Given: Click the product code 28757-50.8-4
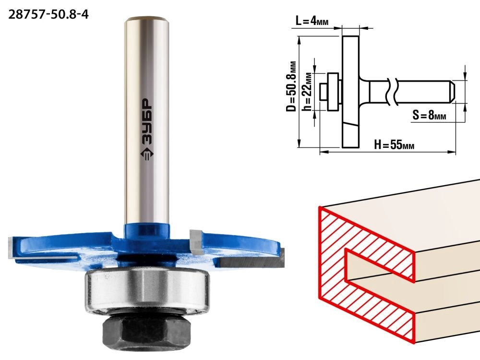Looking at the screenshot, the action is click(48, 14).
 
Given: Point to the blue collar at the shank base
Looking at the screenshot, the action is click(147, 232).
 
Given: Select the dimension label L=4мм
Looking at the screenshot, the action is click(312, 22).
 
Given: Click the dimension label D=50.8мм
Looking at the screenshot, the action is click(291, 86).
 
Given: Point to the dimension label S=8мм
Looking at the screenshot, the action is click(429, 115).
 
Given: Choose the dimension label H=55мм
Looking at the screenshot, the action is click(394, 144).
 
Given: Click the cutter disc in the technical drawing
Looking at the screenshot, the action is click(350, 92).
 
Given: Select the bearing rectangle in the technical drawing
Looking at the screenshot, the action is click(333, 92).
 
